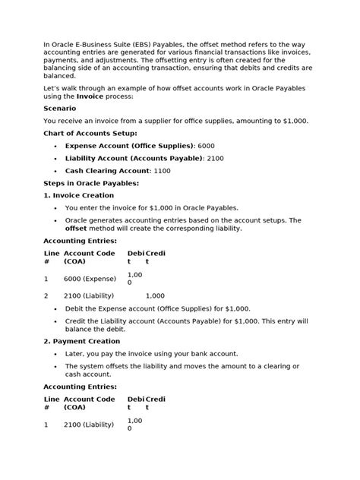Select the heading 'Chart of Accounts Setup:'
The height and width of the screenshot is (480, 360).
(x=90, y=133)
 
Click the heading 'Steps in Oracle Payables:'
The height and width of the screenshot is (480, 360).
(x=91, y=183)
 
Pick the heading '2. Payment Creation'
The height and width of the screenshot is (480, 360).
(x=84, y=341)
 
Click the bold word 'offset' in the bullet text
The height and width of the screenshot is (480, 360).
(x=77, y=228)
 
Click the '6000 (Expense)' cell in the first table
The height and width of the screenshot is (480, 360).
(x=90, y=279)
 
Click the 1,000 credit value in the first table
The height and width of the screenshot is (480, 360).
(x=155, y=295)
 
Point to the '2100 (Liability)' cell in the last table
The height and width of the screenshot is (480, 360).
(x=89, y=425)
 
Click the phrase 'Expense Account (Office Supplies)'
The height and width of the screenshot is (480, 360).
(x=129, y=145)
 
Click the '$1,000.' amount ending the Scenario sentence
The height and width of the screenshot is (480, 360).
(x=294, y=121)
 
